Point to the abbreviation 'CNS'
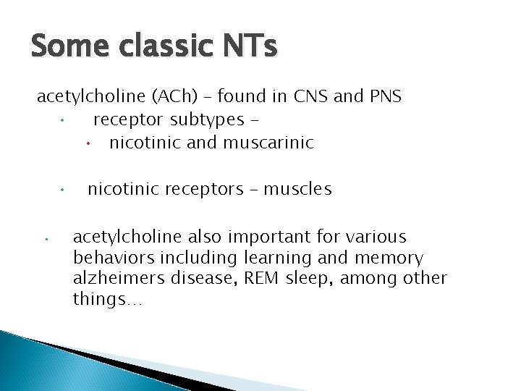tap(319, 96)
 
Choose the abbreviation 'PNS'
tap(384, 96)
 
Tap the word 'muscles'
tap(297, 190)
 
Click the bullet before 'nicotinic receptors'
tap(64, 191)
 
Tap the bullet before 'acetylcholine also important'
tap(45, 238)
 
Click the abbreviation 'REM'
tap(254, 279)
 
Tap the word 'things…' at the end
tap(108, 300)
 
